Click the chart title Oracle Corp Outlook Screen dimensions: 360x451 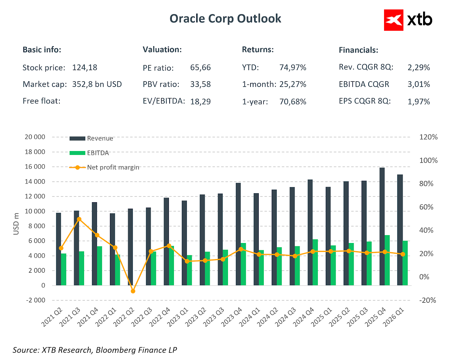coord(225,19)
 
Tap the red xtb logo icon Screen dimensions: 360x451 coord(394,20)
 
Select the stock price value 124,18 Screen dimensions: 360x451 coord(84,68)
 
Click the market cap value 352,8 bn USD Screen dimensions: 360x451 coord(97,84)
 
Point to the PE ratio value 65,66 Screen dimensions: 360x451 coord(200,68)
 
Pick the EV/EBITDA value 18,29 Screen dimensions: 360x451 coord(200,102)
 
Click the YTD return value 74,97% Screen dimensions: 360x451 coord(293,68)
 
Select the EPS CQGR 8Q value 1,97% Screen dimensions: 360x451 coord(419,102)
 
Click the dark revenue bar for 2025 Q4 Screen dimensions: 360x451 coord(382,226)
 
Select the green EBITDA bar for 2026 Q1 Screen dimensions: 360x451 coord(405,263)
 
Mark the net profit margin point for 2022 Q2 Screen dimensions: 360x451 coord(133,291)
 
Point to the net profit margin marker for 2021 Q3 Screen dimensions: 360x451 coord(79,219)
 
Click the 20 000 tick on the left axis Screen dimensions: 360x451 coord(35,137)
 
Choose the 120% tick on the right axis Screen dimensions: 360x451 coord(428,137)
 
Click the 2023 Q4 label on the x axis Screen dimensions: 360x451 coord(232,317)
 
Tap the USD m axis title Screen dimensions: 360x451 coord(16,224)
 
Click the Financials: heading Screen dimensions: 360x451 coord(358,50)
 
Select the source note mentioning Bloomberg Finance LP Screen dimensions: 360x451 coord(95,350)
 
